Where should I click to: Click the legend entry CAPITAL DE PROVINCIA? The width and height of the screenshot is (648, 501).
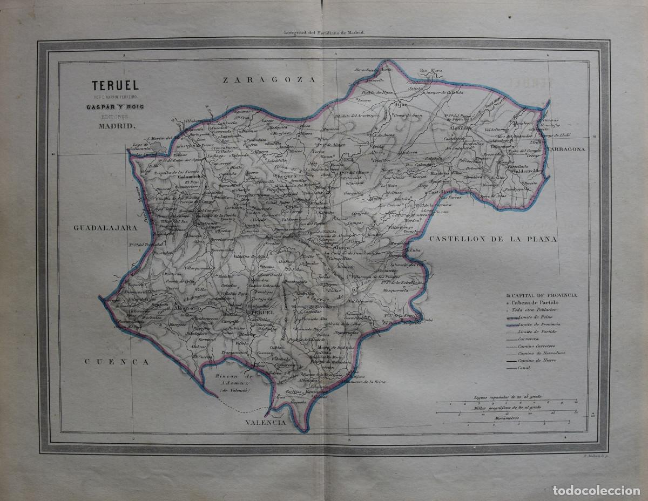click(545, 295)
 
